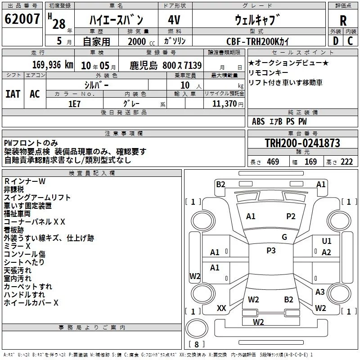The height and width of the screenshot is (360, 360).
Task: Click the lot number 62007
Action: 22,19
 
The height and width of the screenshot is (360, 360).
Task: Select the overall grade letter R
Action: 343,21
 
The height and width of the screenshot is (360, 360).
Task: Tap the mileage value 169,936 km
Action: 53,65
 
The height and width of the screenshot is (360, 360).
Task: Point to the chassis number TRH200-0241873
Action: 302,143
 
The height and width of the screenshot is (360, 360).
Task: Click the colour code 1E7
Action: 74,104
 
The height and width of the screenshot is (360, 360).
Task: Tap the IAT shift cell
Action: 13,94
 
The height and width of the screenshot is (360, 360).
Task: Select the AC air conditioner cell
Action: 35,94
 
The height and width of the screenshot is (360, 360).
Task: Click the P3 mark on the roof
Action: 271,251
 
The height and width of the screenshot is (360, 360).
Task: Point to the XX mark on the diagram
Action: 221,308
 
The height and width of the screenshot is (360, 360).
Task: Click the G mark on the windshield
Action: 284,237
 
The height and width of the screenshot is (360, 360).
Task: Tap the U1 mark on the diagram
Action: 327,241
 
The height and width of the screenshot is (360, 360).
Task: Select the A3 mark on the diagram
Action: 320,292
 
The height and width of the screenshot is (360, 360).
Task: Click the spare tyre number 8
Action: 197,344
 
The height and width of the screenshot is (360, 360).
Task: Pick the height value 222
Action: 346,162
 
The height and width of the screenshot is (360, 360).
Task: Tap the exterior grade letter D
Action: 335,41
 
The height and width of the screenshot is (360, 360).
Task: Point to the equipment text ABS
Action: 258,121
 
